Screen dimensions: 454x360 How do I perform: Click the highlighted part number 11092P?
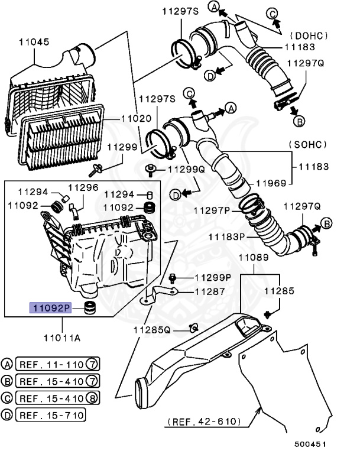(x=51, y=307)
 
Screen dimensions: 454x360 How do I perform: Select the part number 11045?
(x=34, y=43)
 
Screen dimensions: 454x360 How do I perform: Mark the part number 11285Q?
(x=151, y=330)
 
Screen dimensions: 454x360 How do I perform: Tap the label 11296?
(x=82, y=187)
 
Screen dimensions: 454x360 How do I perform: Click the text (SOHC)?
(x=309, y=144)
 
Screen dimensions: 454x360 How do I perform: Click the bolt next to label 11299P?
(x=173, y=277)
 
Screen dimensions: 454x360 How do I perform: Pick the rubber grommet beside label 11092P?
(x=91, y=308)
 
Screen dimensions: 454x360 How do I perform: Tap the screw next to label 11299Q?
(x=151, y=170)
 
